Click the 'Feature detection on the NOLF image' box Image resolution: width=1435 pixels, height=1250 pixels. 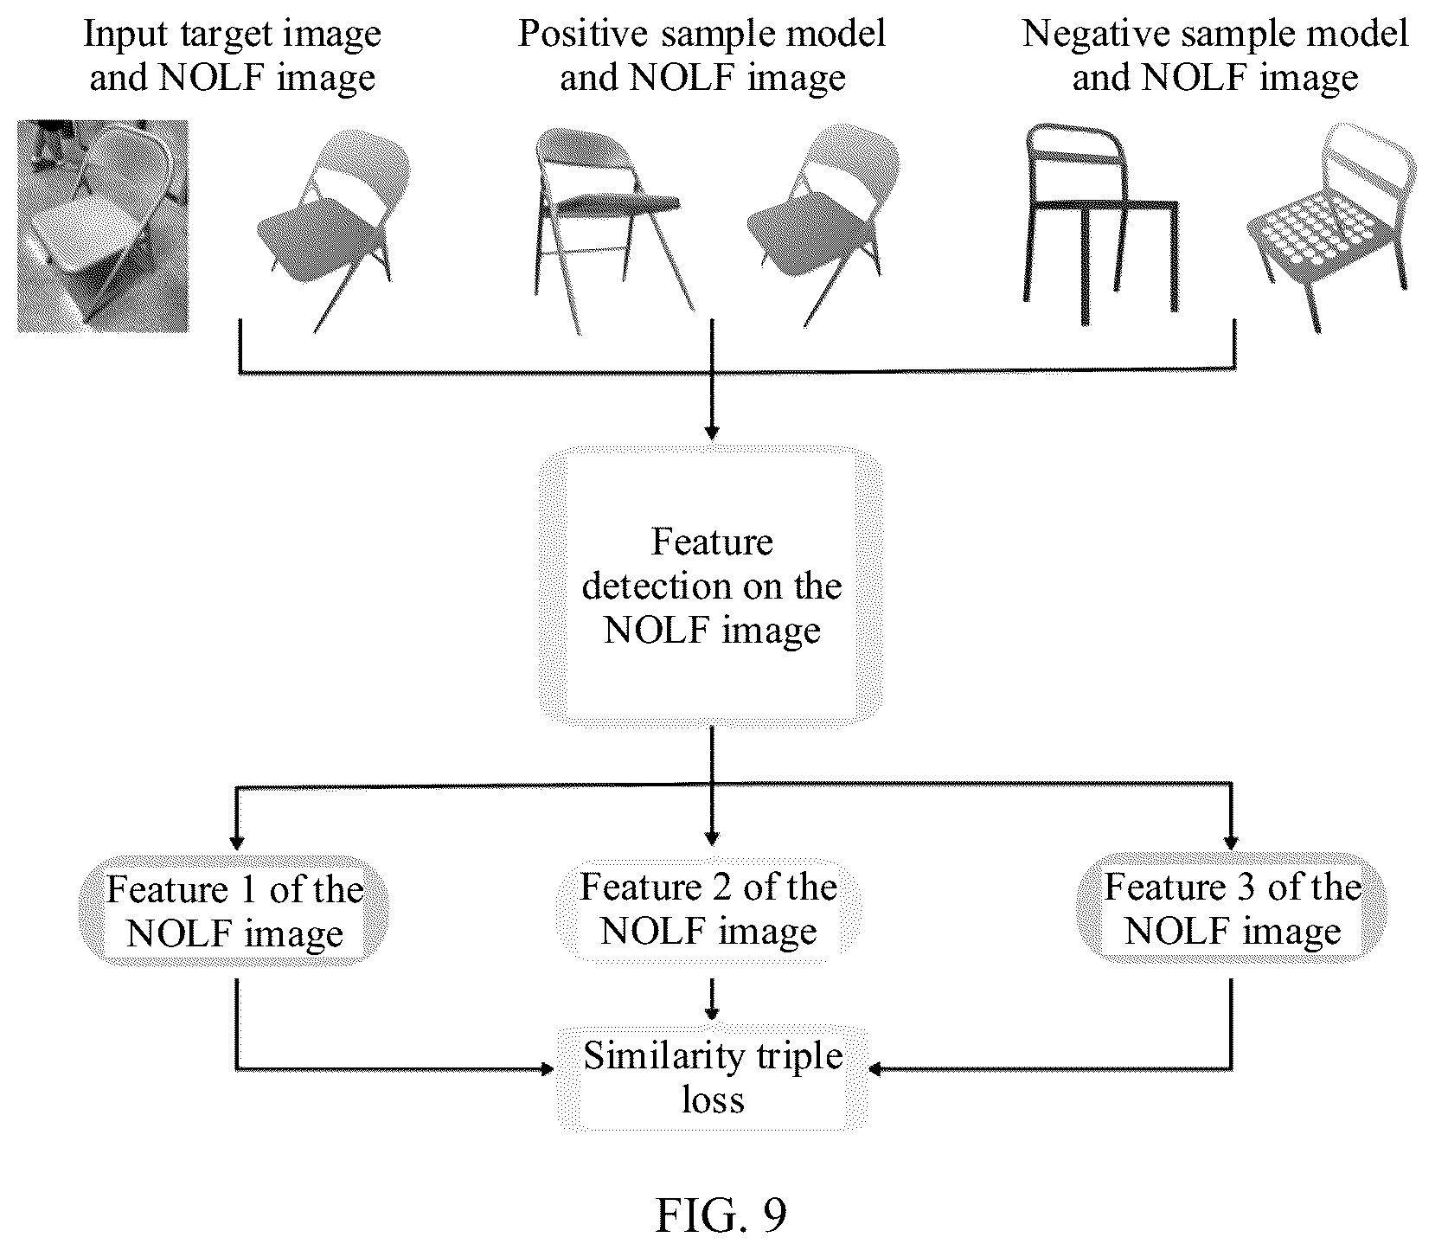(711, 585)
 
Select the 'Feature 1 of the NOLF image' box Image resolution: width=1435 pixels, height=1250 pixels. (234, 910)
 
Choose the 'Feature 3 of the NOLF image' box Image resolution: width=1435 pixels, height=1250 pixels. (1232, 908)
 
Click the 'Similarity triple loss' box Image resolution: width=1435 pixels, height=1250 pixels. (713, 1078)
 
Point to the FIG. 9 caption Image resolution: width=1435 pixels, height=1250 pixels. (721, 1215)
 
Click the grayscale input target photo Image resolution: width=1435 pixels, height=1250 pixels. (103, 226)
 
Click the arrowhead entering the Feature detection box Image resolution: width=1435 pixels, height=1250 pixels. (711, 432)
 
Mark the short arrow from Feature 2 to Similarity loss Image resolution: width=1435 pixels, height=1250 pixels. (711, 998)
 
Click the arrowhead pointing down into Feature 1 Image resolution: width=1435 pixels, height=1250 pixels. (235, 842)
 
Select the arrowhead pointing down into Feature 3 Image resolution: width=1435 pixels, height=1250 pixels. (1232, 842)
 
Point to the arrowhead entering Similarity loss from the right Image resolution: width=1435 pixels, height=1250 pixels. (875, 1070)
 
